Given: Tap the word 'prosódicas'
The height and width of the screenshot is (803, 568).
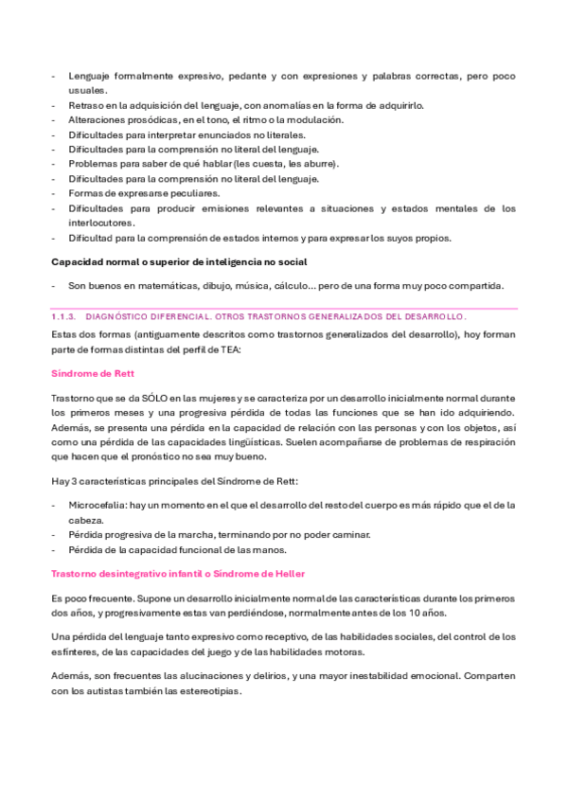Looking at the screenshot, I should [146, 120].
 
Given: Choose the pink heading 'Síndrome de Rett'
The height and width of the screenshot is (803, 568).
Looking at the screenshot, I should [93, 374].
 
